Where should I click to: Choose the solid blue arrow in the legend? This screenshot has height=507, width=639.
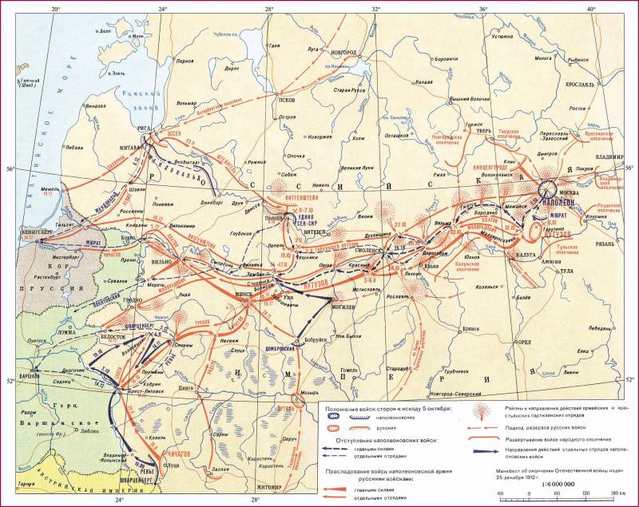coord(482,457)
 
